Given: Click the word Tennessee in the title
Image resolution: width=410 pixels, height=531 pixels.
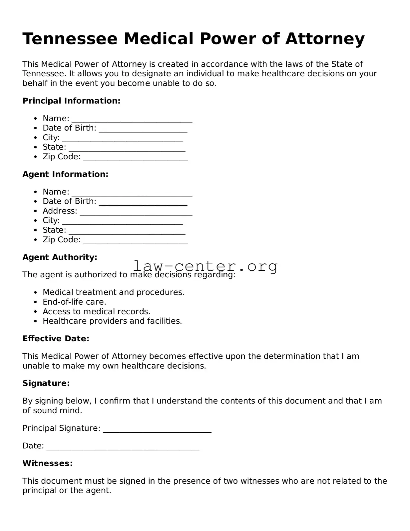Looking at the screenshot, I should [70, 39].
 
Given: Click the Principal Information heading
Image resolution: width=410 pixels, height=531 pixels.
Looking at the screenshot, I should [71, 101].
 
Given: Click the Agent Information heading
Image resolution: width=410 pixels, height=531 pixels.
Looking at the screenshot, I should [65, 174].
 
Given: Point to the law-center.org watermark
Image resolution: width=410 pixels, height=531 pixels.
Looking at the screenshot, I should [205, 266].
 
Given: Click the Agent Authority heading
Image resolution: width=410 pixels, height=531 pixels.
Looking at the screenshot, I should [60, 257].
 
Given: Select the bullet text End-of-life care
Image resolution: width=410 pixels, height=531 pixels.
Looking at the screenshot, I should [74, 302].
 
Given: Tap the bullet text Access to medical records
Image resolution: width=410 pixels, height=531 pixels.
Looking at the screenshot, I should [96, 312].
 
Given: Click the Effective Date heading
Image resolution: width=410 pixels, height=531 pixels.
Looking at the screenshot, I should [56, 339].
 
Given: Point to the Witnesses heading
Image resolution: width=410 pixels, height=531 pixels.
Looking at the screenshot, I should [47, 463].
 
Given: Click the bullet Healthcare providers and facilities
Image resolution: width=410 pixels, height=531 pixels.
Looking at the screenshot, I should [112, 321].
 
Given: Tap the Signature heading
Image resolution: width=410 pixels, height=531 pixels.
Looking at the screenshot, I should [46, 383].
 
